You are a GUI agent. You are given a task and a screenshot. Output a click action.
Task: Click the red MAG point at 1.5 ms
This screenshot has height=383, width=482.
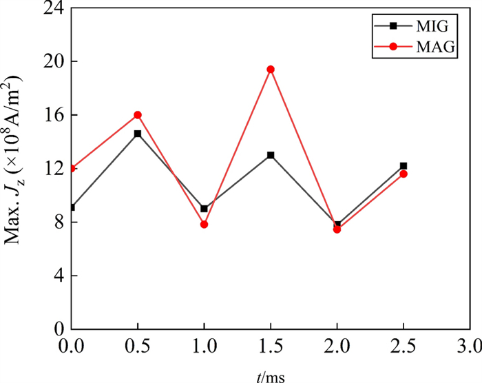(x=271, y=69)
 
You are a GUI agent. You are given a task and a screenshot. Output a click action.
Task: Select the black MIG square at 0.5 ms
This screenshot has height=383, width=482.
(x=138, y=134)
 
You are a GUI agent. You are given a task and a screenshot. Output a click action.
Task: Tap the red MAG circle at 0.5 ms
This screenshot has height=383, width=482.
(x=138, y=114)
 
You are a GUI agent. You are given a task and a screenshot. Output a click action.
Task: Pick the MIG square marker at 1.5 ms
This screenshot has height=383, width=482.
(x=271, y=155)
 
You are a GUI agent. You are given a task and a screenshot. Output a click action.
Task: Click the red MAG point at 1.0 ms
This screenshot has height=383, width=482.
(x=205, y=225)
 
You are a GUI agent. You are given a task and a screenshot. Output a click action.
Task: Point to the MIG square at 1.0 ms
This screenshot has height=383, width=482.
(x=205, y=209)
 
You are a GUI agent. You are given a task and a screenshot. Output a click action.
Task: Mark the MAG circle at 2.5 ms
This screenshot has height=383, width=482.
(x=404, y=174)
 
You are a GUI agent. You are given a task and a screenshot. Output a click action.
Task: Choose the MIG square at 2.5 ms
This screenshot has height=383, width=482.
(x=404, y=166)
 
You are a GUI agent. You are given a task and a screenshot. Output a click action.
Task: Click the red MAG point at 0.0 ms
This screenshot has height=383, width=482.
(x=72, y=168)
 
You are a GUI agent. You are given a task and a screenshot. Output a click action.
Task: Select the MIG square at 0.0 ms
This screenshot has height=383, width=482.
(x=72, y=207)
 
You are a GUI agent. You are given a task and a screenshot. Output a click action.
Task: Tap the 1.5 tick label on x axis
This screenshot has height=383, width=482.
(x=271, y=343)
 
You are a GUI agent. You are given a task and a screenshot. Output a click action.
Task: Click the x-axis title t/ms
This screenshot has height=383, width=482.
(x=271, y=375)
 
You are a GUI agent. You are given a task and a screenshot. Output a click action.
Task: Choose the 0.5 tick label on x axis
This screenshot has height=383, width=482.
(x=138, y=343)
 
